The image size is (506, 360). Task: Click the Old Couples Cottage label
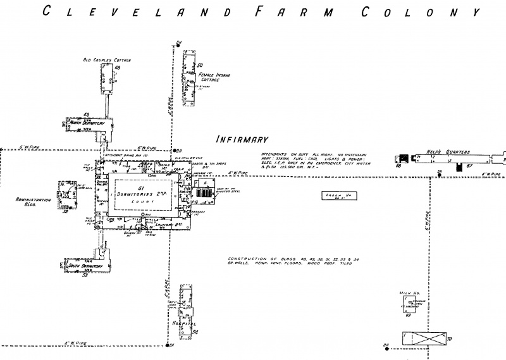click(107, 60)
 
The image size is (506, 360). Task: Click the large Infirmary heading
click(243, 139)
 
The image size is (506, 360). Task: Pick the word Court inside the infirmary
click(147, 202)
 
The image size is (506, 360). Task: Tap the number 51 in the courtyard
click(142, 188)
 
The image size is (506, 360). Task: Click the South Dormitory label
click(86, 266)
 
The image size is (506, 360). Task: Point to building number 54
click(195, 332)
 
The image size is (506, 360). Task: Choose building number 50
click(199, 65)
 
